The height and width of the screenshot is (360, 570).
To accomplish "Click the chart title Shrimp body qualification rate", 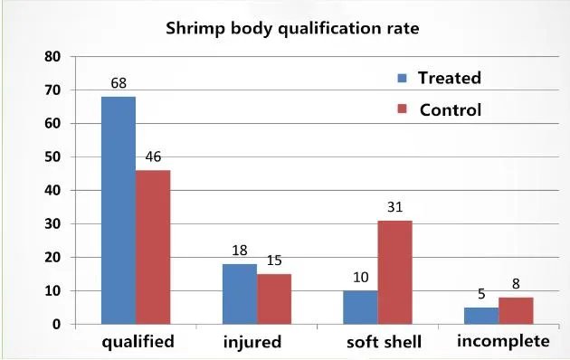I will tap(292, 28).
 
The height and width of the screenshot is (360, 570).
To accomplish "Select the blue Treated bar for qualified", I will tap(118, 210).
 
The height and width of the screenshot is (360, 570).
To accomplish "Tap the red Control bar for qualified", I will tap(152, 247).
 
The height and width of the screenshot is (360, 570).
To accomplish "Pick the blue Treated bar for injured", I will tap(239, 294).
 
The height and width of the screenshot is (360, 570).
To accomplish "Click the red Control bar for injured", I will tap(273, 298).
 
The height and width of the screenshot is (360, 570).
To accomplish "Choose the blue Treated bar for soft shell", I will tap(360, 308).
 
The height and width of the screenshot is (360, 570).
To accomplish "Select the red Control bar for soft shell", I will tap(394, 272).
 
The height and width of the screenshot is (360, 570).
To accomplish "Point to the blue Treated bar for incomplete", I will tap(481, 316).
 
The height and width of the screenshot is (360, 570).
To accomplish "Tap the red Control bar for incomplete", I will tap(516, 310).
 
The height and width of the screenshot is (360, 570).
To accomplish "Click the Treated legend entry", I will tap(441, 78).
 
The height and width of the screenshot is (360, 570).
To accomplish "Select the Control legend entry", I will tap(441, 110).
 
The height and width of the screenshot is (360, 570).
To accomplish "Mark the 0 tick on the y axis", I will tap(56, 324).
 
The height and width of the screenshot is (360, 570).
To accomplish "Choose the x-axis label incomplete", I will tap(503, 342).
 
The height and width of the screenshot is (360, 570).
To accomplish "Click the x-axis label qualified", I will tap(138, 343).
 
